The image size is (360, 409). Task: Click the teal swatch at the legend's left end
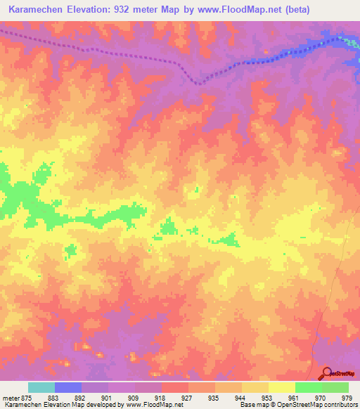(x=41, y=387)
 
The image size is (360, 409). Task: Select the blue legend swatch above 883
(x=68, y=387)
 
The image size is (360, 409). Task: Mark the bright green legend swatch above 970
(x=309, y=387)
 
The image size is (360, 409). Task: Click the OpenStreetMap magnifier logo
(x=327, y=372)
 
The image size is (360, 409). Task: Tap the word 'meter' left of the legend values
(x=9, y=397)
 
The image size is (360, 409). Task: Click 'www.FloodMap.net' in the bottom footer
(x=151, y=405)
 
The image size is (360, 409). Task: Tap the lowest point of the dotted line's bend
(x=200, y=83)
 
